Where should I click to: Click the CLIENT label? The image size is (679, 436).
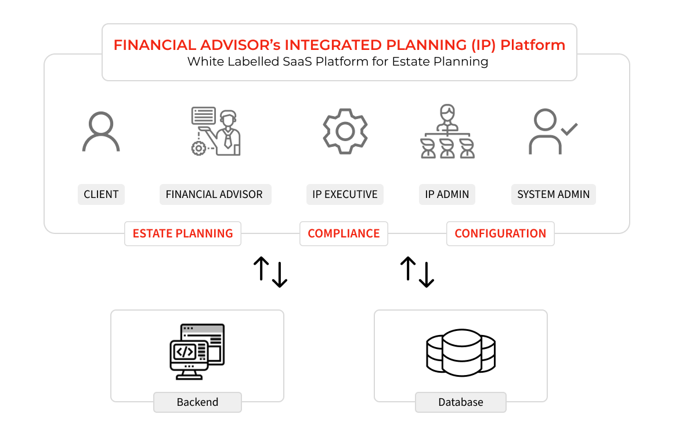click(x=101, y=194)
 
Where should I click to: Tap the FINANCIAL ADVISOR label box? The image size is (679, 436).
click(x=215, y=194)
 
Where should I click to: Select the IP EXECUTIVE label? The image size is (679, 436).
click(x=345, y=194)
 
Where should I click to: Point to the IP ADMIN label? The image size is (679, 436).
click(x=447, y=194)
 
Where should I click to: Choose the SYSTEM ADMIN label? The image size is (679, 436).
click(x=554, y=194)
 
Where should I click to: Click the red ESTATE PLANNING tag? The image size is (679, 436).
click(x=183, y=233)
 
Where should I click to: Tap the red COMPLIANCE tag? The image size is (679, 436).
click(x=344, y=233)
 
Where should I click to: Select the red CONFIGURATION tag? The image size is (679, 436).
click(x=500, y=233)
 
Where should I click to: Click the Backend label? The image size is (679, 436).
click(x=197, y=402)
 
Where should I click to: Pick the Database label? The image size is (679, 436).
click(x=461, y=402)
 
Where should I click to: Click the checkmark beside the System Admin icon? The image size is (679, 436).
click(x=569, y=129)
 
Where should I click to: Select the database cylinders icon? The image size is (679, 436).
click(x=461, y=352)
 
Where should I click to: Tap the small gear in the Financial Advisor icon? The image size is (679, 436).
click(x=198, y=148)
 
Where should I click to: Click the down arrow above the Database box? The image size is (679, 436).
click(x=427, y=275)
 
